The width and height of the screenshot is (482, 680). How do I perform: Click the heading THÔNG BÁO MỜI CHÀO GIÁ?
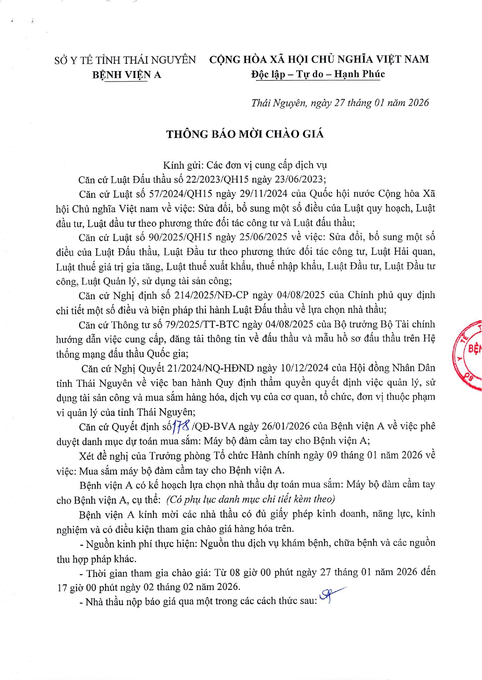245,134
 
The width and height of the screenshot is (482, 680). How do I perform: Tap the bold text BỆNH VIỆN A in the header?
127,75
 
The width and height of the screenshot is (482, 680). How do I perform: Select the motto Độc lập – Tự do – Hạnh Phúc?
318,74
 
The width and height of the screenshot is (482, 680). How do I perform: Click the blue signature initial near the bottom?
329,595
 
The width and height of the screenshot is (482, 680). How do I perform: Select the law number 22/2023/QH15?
217,179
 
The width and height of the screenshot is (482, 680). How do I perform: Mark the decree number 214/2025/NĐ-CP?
211,295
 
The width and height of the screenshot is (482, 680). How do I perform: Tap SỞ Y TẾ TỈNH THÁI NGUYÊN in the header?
125,60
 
